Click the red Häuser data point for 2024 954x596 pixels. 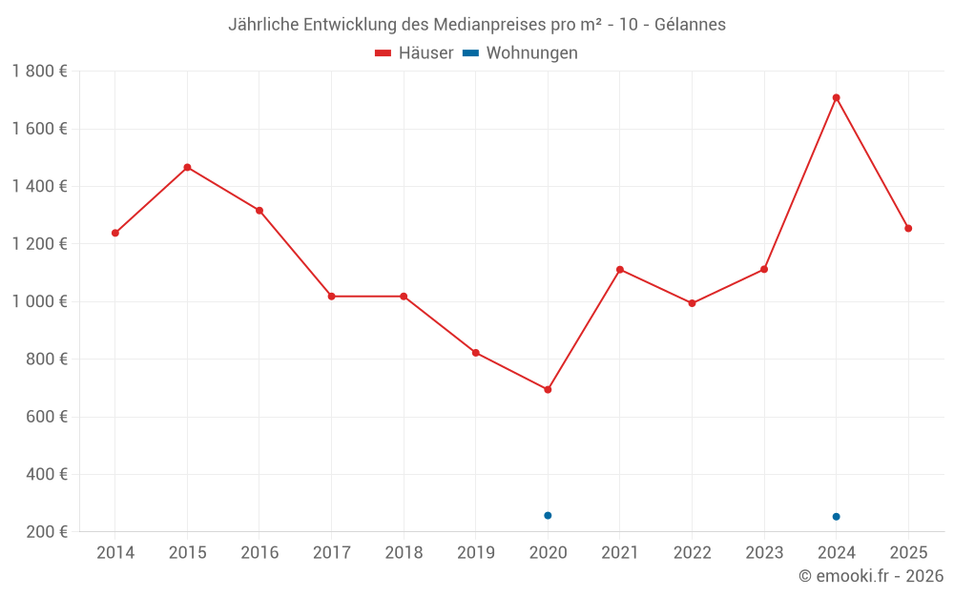coord(836,97)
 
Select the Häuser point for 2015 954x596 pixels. coord(187,167)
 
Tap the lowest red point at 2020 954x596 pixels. coord(548,389)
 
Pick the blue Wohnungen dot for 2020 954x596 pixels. coord(548,515)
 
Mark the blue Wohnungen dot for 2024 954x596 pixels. coord(836,517)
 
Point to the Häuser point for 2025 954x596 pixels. coord(908,228)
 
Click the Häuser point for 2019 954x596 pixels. coord(476,353)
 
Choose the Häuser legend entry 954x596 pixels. coord(414,53)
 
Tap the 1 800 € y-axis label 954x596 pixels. coord(39,72)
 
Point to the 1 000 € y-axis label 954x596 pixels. coord(39,301)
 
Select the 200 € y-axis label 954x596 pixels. coord(46,531)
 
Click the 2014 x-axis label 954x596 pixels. coord(115,553)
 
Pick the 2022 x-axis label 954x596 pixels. coord(692,553)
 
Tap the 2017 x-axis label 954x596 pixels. coord(331,553)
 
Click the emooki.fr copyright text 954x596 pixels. coord(871,576)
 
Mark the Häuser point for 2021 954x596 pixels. coord(620,270)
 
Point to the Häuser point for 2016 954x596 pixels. coord(259,210)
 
